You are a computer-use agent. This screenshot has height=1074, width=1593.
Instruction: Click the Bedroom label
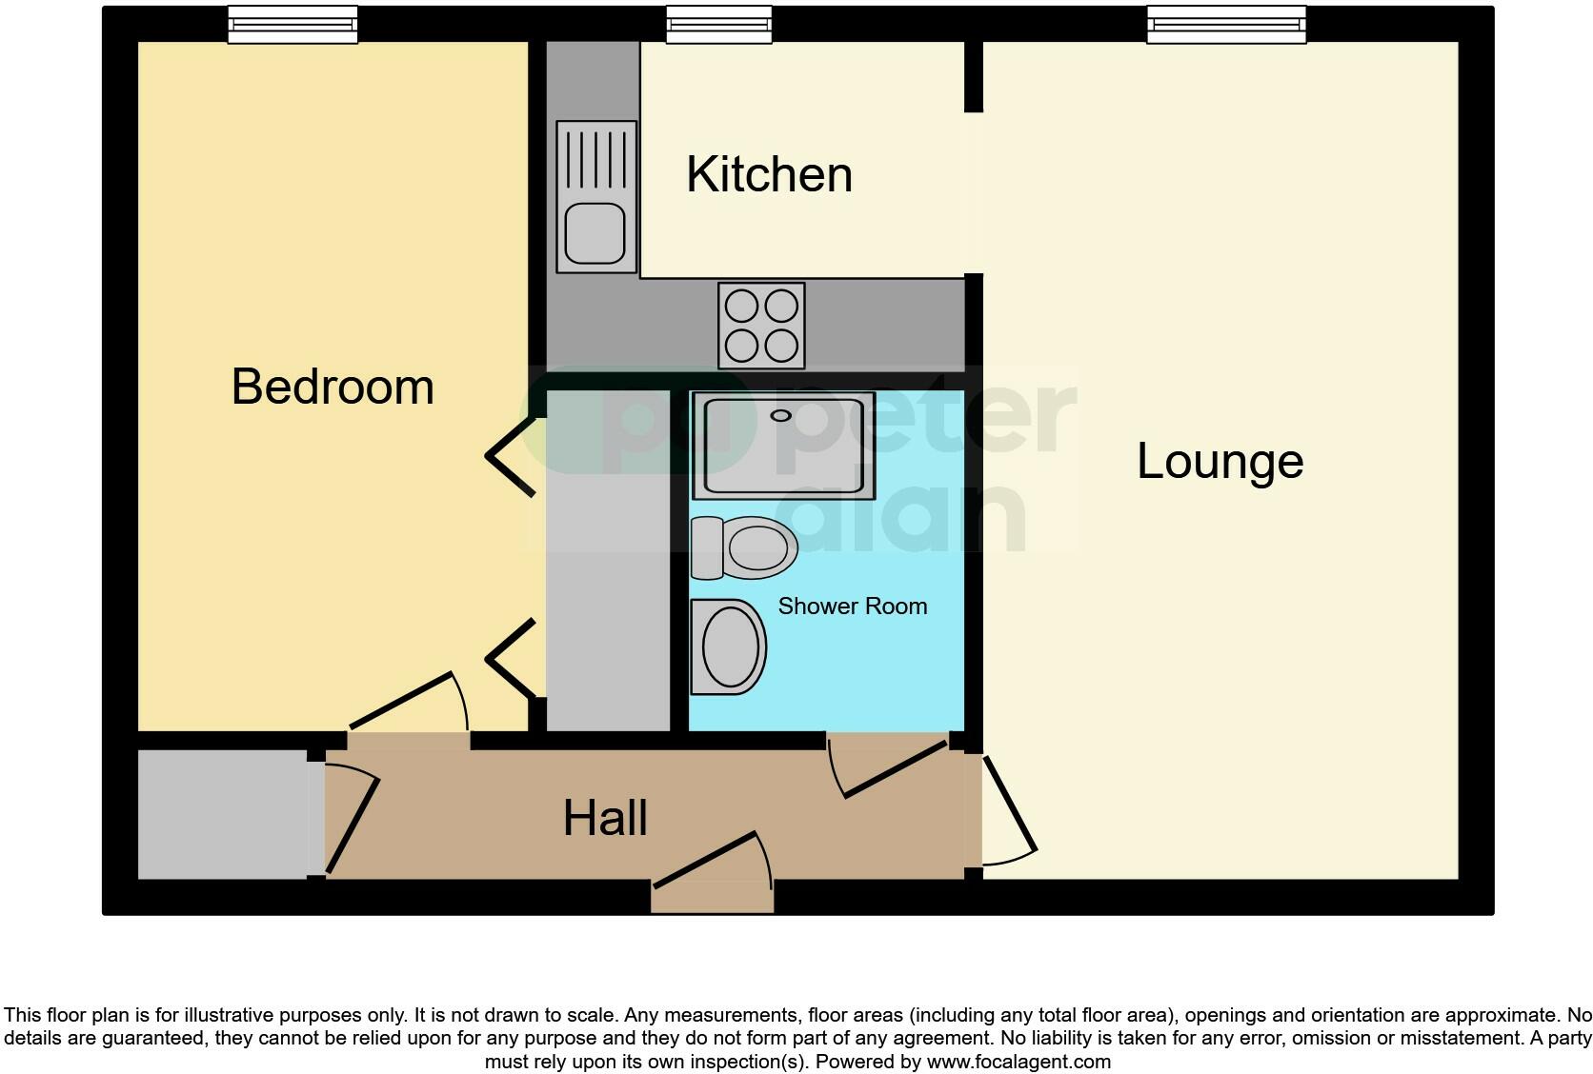pyautogui.click(x=333, y=387)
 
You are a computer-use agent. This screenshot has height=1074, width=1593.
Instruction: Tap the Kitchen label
pyautogui.click(x=769, y=175)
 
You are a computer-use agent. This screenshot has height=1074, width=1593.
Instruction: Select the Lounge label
pyautogui.click(x=1220, y=462)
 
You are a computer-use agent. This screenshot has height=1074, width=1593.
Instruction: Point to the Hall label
pyautogui.click(x=605, y=819)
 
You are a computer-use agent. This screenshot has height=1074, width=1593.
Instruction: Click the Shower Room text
pyautogui.click(x=852, y=607)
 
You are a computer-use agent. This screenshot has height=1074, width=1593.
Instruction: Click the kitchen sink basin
pyautogui.click(x=595, y=235)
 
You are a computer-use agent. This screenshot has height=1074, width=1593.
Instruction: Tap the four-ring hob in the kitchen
pyautogui.click(x=761, y=326)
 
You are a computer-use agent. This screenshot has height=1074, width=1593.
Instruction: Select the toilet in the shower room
pyautogui.click(x=745, y=548)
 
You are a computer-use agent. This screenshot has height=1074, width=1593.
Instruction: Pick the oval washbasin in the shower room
pyautogui.click(x=730, y=646)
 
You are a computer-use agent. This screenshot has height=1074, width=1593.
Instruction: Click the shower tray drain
pyautogui.click(x=781, y=415)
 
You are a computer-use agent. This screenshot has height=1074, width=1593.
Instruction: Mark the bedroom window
pyautogui.click(x=292, y=25)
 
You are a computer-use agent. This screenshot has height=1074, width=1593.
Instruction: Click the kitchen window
pyautogui.click(x=718, y=25)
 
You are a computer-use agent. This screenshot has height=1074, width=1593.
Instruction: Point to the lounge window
pyautogui.click(x=1225, y=25)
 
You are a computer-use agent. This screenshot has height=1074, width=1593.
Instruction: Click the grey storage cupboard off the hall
pyautogui.click(x=222, y=815)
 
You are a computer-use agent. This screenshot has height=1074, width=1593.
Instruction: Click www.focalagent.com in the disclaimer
pyautogui.click(x=1018, y=1062)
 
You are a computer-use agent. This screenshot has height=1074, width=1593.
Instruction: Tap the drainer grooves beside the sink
pyautogui.click(x=596, y=159)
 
